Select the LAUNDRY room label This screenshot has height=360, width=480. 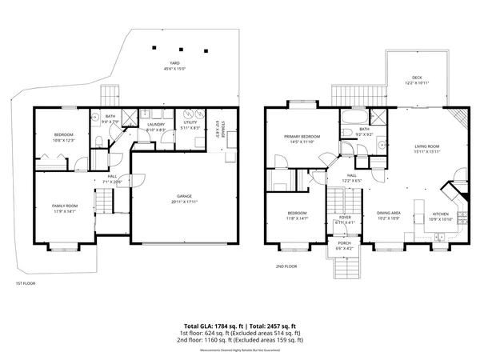pos(156,124)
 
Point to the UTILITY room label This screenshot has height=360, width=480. pos(190,124)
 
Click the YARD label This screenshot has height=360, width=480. pos(174,63)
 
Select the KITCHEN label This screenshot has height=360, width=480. pos(442,214)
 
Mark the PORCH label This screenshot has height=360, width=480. pos(344,244)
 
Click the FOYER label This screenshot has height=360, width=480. pos(345,217)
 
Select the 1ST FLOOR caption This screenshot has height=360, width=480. pos(26,283)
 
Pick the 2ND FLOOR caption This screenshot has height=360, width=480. pos(286,266)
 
